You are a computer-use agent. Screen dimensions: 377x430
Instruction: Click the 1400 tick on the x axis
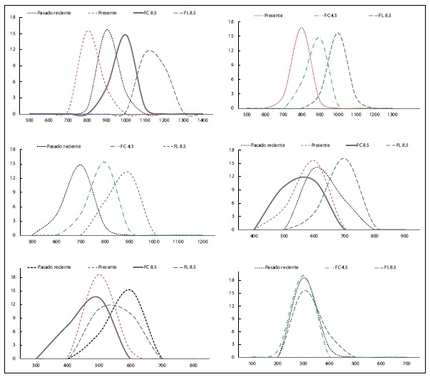click(203, 121)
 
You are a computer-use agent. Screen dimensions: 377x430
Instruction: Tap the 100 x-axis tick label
click(252, 364)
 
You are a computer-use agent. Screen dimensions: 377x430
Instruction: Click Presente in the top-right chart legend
click(272, 15)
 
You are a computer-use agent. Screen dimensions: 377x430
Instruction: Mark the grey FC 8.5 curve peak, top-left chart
click(126, 35)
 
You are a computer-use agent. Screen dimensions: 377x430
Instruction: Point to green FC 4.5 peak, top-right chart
click(319, 38)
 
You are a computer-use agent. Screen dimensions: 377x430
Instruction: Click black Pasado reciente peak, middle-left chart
click(80, 165)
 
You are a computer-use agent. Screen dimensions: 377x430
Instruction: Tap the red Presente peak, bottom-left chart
click(99, 274)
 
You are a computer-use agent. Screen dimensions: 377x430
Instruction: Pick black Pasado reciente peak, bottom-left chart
click(130, 289)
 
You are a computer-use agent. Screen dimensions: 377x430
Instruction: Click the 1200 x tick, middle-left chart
click(203, 242)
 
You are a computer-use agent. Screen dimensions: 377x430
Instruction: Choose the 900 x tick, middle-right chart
click(404, 236)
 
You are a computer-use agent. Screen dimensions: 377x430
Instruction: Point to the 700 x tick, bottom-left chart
click(162, 364)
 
